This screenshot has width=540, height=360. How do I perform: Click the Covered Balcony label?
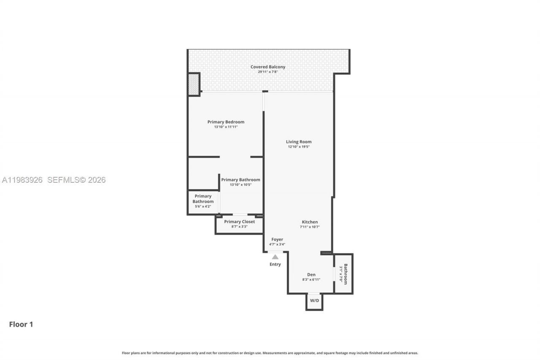(267, 67)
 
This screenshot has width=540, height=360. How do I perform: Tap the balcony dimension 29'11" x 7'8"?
(267, 72)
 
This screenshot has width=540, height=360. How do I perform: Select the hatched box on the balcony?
(194, 84)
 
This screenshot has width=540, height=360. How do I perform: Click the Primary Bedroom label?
(226, 122)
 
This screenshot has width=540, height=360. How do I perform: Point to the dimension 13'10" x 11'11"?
(226, 127)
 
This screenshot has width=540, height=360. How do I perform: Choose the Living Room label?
(299, 142)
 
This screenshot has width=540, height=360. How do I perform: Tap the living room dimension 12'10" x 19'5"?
(299, 147)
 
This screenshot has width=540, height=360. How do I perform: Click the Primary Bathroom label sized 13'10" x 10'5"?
(240, 180)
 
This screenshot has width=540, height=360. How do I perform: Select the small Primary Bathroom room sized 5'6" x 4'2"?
(203, 201)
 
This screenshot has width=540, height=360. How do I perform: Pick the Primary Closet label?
(239, 222)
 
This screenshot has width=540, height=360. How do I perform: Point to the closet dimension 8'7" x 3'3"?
(239, 227)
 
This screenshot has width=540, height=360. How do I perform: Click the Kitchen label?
(310, 222)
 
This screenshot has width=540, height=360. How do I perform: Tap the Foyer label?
(277, 239)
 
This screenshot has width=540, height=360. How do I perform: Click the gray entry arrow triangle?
(275, 257)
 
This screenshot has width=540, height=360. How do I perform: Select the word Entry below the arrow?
(275, 265)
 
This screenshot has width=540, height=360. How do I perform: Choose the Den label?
(311, 275)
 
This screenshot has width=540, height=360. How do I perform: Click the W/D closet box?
(314, 301)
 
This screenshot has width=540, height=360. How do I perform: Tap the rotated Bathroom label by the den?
(346, 274)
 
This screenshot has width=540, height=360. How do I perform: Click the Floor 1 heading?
(21, 325)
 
